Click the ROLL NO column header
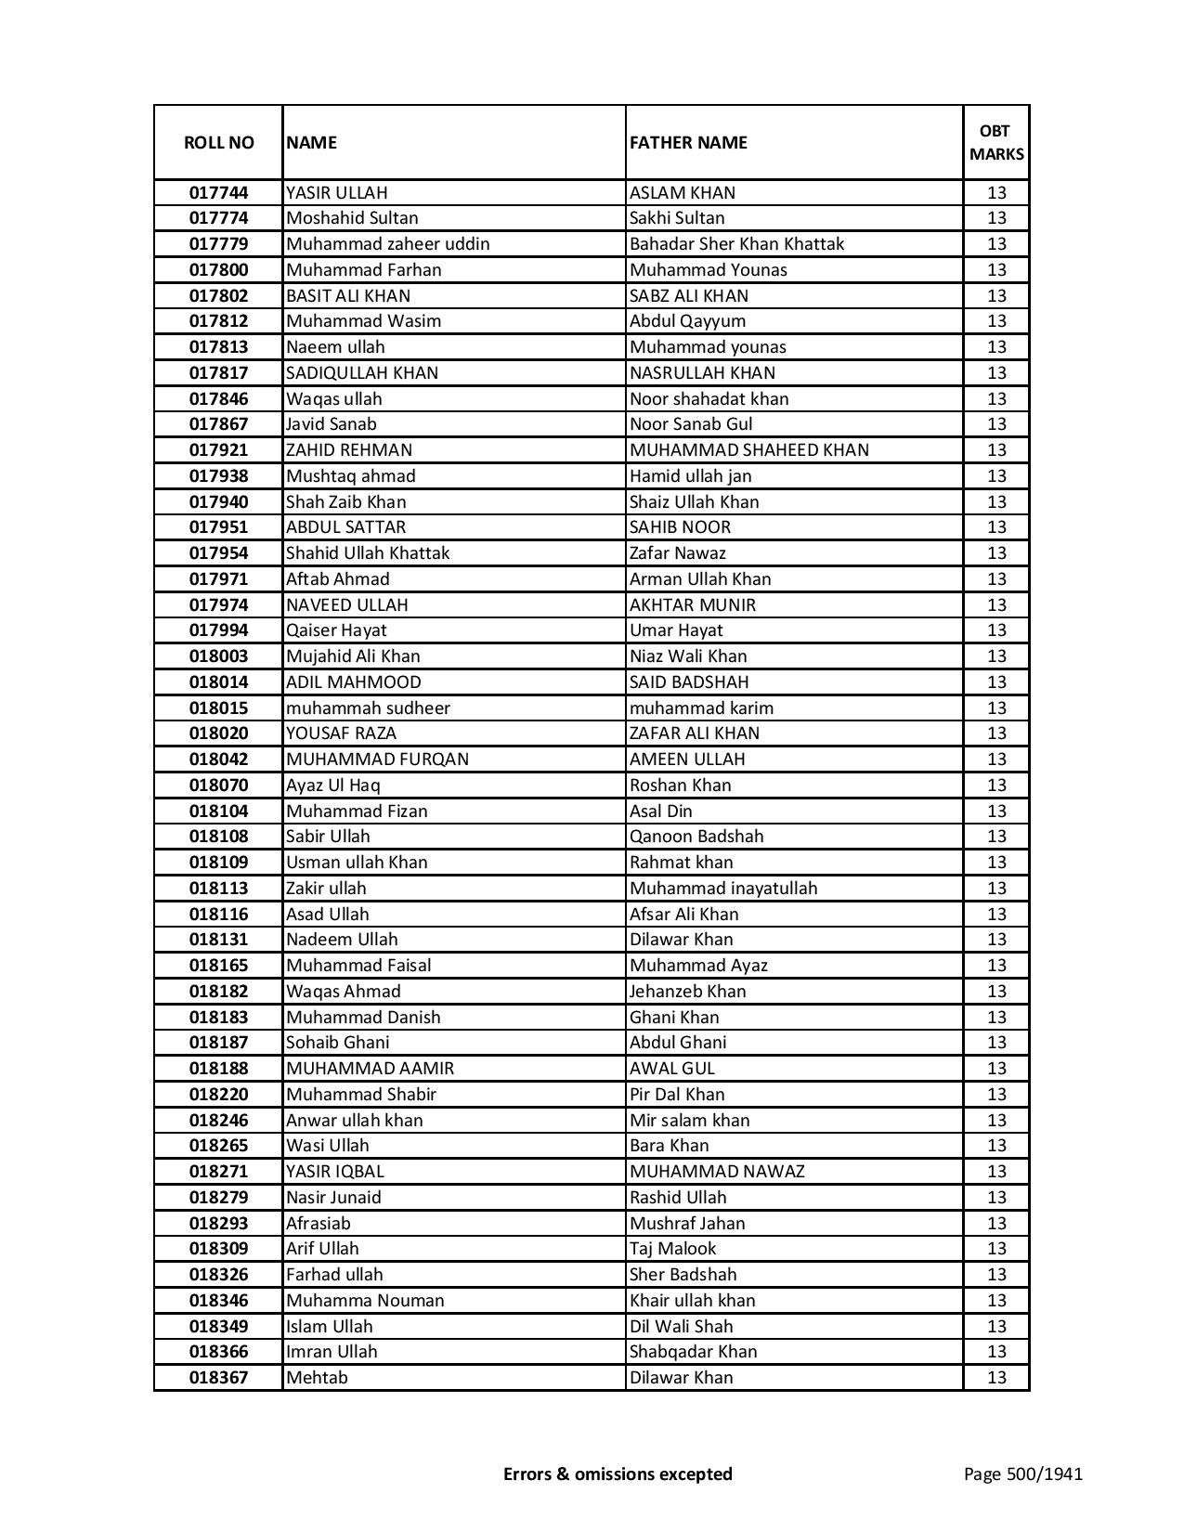(x=218, y=142)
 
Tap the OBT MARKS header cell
(x=996, y=142)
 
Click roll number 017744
(x=218, y=193)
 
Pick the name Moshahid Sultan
(x=352, y=218)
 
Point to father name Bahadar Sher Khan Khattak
(x=736, y=244)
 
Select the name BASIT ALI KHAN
(x=348, y=296)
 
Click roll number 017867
(x=218, y=424)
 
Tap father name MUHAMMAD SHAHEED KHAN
(x=749, y=450)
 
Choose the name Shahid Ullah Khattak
(x=368, y=553)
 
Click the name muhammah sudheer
(x=368, y=708)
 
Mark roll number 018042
(x=218, y=760)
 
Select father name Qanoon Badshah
(x=696, y=837)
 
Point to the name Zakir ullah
(x=326, y=889)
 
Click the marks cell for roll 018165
(x=996, y=966)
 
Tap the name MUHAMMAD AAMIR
(x=370, y=1069)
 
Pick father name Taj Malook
(x=672, y=1249)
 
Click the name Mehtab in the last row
(x=317, y=1378)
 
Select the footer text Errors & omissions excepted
(x=618, y=1474)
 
